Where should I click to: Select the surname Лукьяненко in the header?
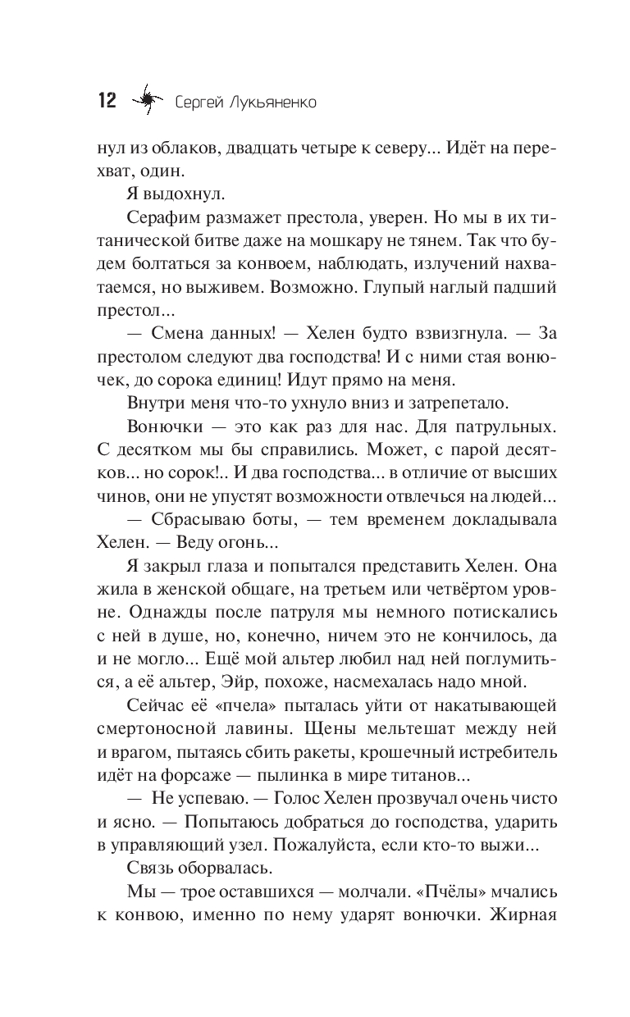pyautogui.click(x=259, y=102)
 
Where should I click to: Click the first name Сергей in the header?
pyautogui.click(x=198, y=103)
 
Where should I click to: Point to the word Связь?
pyautogui.click(x=153, y=868)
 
